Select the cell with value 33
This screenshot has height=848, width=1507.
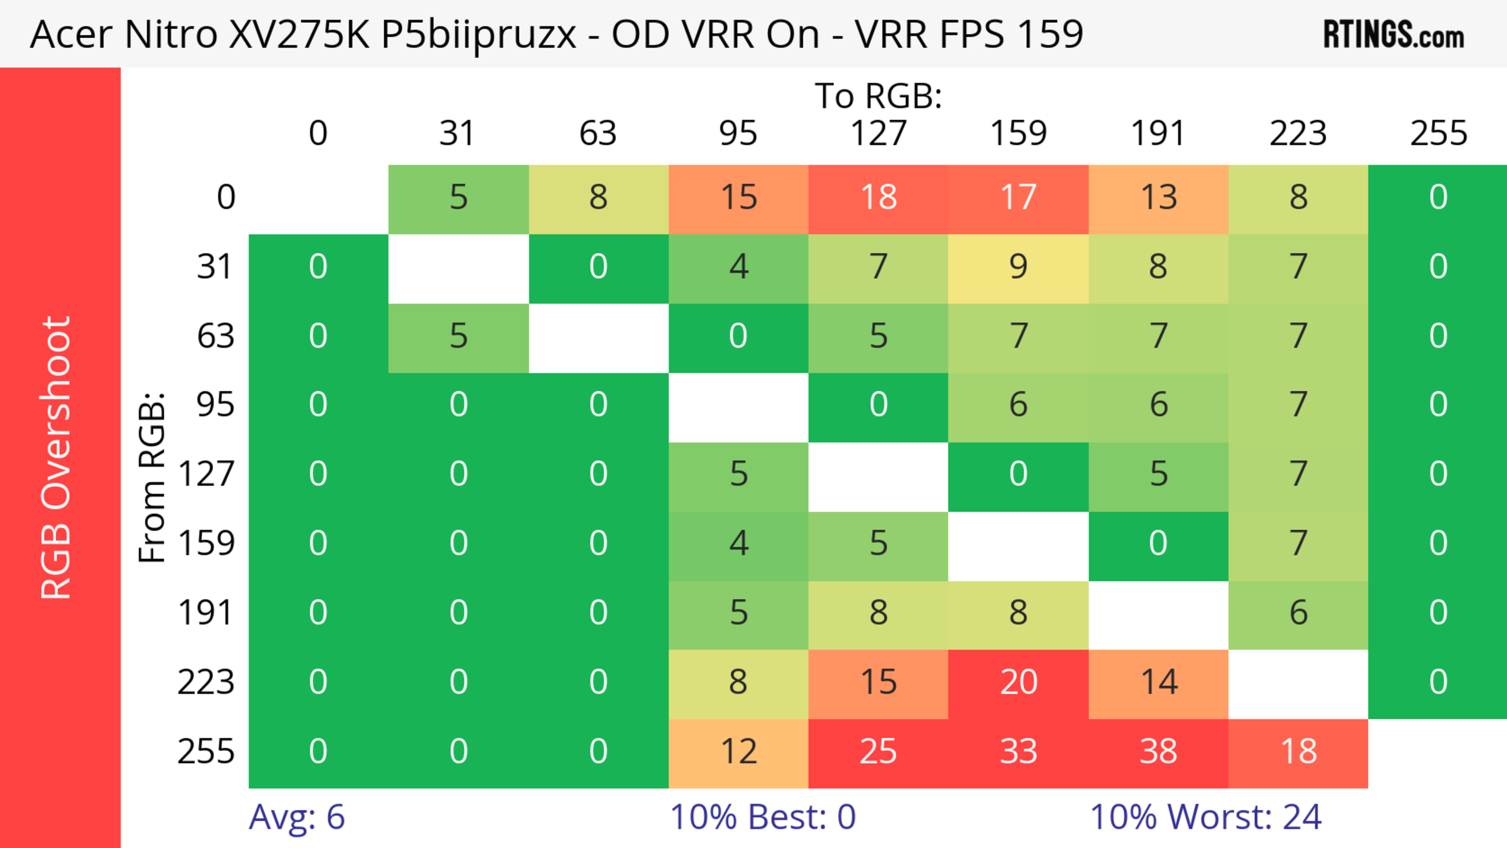point(1018,752)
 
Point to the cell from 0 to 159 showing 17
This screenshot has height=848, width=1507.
point(1018,198)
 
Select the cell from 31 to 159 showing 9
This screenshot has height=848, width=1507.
point(1018,267)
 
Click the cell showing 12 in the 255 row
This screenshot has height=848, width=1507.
point(738,752)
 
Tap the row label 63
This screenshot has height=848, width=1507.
point(215,336)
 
